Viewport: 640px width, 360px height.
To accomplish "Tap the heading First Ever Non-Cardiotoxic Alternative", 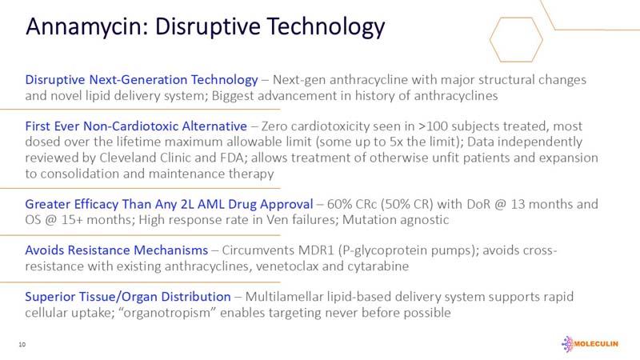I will (x=137, y=126).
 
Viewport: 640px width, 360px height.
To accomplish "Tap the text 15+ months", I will (x=80, y=219).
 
